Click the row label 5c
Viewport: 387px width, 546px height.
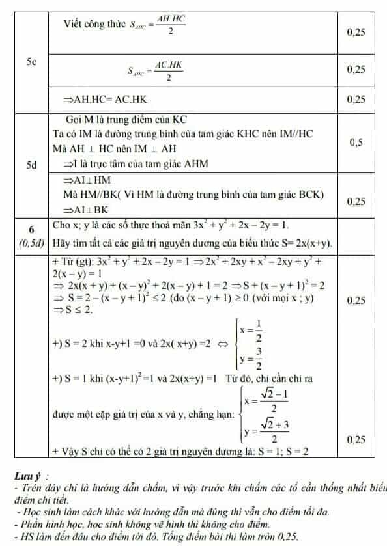[x=31, y=62]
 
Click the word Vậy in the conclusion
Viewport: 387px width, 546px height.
[x=72, y=450]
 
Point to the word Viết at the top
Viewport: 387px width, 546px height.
[x=74, y=25]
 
